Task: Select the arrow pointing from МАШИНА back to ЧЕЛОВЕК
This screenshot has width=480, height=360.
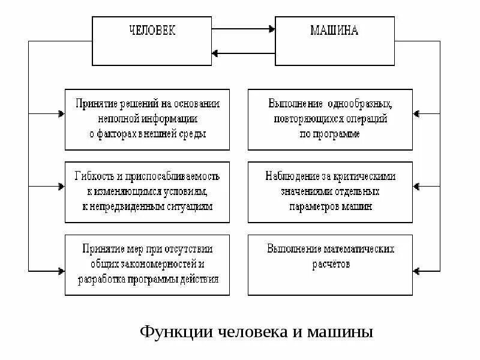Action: click(x=243, y=53)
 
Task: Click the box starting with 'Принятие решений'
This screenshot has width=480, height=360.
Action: click(x=147, y=119)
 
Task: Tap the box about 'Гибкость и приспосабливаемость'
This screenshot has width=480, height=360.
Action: click(x=147, y=191)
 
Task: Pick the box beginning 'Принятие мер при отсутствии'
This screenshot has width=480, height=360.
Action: click(x=147, y=264)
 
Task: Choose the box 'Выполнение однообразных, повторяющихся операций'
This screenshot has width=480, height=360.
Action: click(x=330, y=119)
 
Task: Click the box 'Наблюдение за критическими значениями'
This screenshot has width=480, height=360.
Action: click(x=330, y=191)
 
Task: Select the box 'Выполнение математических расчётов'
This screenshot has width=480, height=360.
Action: click(x=330, y=264)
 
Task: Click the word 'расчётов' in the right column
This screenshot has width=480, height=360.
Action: click(x=330, y=263)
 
